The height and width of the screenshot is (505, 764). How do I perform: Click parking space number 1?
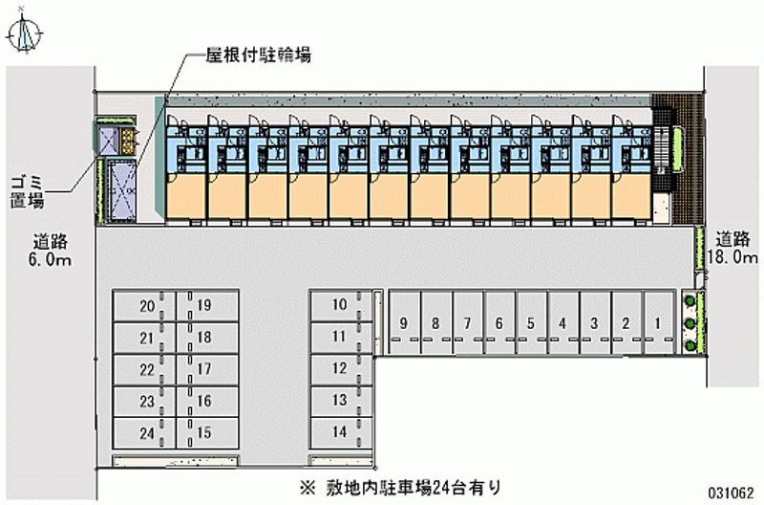tap(657, 322)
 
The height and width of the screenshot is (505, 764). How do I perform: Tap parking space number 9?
tap(405, 322)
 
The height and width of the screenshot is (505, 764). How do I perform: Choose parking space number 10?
tap(339, 305)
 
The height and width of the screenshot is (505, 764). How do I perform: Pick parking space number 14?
tap(339, 431)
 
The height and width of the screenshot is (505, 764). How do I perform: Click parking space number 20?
tap(145, 306)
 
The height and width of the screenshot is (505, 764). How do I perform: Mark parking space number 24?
tap(145, 432)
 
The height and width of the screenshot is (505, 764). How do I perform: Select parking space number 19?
tap(203, 306)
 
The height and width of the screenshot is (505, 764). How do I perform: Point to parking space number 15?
tap(203, 432)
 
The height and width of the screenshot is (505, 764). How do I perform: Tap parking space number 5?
tap(530, 322)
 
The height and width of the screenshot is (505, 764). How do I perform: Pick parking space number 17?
tap(203, 369)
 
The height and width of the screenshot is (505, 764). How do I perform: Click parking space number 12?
tap(339, 368)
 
